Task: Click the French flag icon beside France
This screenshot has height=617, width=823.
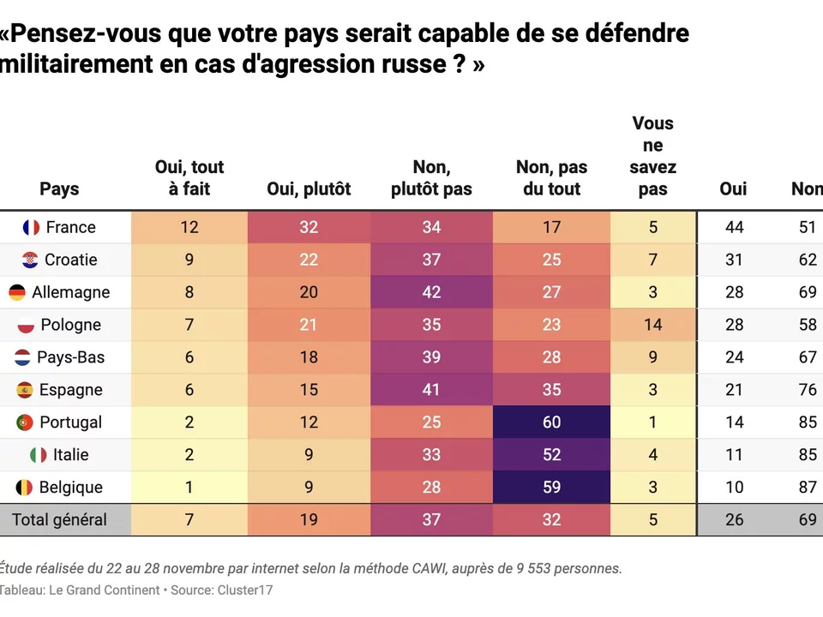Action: click(32, 227)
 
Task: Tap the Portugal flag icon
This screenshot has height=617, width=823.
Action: click(25, 422)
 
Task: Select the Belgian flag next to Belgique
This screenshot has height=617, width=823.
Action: click(25, 488)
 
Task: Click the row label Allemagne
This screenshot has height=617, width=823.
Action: click(70, 292)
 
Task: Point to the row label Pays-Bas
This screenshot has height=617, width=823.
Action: click(70, 357)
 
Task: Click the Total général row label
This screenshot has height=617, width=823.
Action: click(59, 519)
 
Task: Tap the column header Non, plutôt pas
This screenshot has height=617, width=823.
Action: click(431, 178)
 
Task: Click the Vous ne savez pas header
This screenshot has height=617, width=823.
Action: click(652, 157)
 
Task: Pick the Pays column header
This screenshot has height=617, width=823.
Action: click(59, 189)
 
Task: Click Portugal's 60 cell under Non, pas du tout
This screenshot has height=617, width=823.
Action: click(551, 422)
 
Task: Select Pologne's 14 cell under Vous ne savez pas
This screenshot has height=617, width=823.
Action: click(652, 325)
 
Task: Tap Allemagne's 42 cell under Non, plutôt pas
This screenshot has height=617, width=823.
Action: click(431, 292)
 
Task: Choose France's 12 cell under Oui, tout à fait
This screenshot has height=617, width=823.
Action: click(189, 227)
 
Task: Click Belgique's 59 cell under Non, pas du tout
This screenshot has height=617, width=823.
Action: click(551, 488)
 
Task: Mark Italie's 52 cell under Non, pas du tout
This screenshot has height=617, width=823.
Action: click(551, 455)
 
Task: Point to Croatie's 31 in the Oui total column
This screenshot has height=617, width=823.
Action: click(733, 260)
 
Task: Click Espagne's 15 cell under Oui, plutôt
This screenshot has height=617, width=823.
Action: click(309, 390)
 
